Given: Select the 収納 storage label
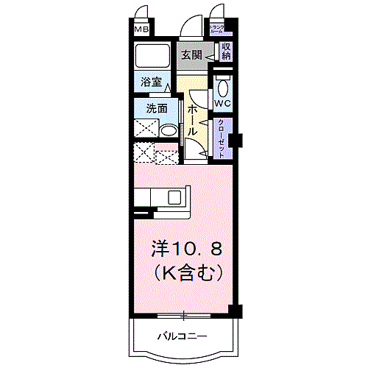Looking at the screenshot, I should coord(227,52).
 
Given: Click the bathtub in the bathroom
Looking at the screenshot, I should coord(152,57).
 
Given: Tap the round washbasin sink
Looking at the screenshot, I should coord(169,132).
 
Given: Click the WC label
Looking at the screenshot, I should coord(223,103).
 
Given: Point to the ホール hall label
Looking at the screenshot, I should coord(191,118).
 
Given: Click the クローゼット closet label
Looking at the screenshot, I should coord(221,139).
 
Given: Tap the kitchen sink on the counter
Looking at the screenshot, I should coord(175,197).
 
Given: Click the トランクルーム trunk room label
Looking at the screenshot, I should coord(219,30).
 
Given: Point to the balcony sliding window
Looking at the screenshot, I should coord(184,316).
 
